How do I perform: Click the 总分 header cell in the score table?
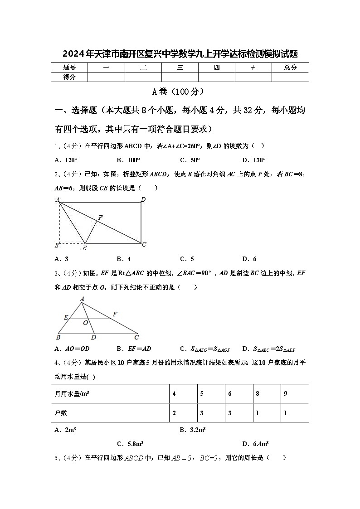[x=290, y=68]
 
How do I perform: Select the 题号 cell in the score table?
[x=69, y=68]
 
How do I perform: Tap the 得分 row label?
[x=69, y=77]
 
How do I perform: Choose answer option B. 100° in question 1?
[x=128, y=160]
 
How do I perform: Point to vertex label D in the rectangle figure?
[x=143, y=199]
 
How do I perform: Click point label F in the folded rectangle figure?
[x=100, y=218]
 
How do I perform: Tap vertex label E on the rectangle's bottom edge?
[x=84, y=248]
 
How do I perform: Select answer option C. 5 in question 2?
[x=187, y=259]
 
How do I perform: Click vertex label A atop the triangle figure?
[x=82, y=299]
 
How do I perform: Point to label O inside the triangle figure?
[x=85, y=323]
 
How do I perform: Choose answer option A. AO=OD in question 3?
[x=72, y=349]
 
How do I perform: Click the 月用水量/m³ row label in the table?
[x=72, y=394]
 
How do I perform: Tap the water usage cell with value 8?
[x=258, y=394]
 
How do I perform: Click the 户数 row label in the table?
[x=61, y=413]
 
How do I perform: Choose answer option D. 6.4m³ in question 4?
[x=255, y=444]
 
